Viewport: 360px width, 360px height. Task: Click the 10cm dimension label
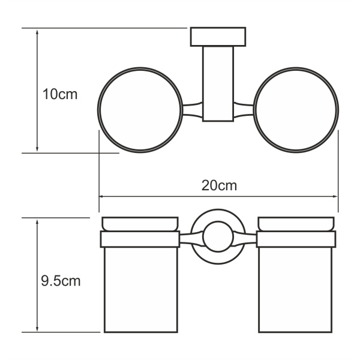coord(60,95)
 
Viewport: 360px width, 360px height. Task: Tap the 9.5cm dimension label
coord(60,280)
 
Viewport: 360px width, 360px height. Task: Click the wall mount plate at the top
coord(218,37)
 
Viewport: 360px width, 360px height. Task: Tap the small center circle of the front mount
coord(217,236)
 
